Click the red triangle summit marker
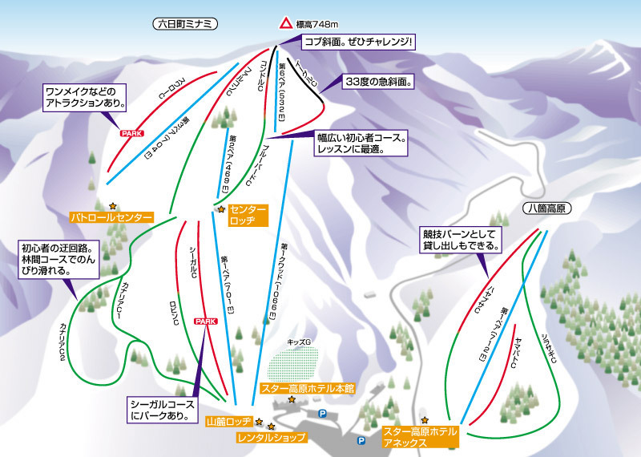(285, 24)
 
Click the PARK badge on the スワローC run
(131, 133)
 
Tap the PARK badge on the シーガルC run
(205, 321)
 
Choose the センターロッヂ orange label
(247, 213)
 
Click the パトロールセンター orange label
(111, 217)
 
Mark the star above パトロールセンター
(113, 205)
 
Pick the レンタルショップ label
(272, 438)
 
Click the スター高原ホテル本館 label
(308, 388)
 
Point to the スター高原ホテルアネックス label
(419, 436)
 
